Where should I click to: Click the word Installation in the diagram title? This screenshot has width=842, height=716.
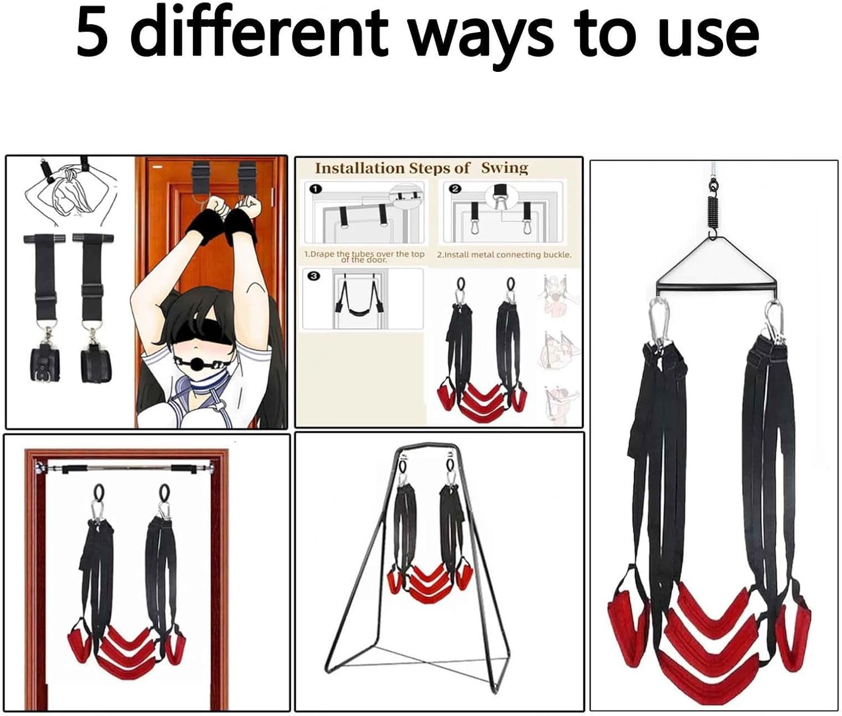[x=359, y=168]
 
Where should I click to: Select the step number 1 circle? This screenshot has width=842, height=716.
[x=315, y=189]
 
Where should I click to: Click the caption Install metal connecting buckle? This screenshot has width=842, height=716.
[x=504, y=255]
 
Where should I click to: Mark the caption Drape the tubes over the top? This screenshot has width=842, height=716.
[x=364, y=254]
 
